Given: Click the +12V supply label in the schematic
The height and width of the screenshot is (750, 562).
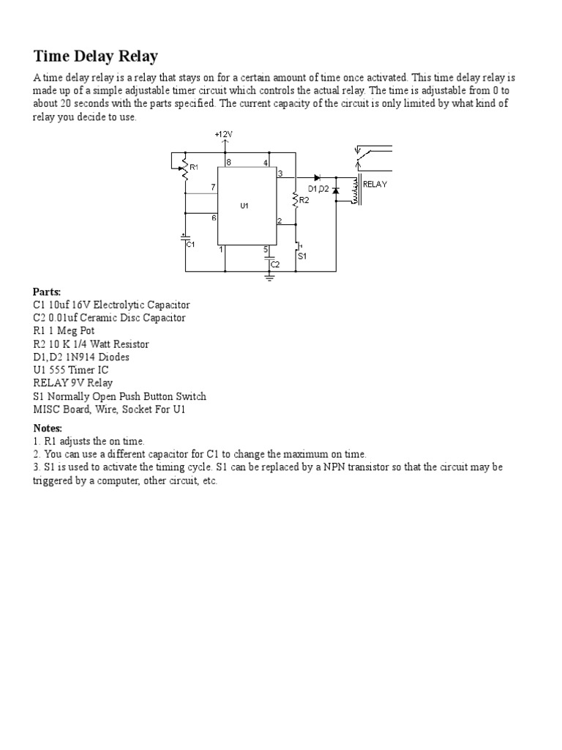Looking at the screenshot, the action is [224, 135].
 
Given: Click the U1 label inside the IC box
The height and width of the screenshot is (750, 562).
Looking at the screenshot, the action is [244, 206].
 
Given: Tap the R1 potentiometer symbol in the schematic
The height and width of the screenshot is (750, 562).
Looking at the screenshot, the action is [185, 168].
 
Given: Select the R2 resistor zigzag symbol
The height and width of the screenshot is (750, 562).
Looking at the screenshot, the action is [296, 198].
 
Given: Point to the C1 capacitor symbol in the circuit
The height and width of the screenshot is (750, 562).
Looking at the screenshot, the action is [185, 238].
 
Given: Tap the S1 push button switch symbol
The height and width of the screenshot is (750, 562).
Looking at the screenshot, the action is [296, 249].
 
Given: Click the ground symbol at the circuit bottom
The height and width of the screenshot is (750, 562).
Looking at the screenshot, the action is [269, 276].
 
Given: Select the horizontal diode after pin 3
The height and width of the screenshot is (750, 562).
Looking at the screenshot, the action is [317, 177].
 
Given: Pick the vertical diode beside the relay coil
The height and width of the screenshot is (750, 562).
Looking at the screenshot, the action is [336, 190].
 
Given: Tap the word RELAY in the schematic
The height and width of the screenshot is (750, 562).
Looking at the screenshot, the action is [375, 185].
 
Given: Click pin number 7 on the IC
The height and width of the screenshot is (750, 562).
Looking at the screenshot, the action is [213, 187].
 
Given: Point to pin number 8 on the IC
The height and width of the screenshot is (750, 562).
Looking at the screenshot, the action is [228, 162].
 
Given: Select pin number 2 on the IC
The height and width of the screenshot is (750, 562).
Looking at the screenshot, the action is [279, 220].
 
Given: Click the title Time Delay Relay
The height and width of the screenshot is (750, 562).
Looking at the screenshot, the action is [96, 56].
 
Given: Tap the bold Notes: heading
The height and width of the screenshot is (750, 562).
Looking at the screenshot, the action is [48, 428].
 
